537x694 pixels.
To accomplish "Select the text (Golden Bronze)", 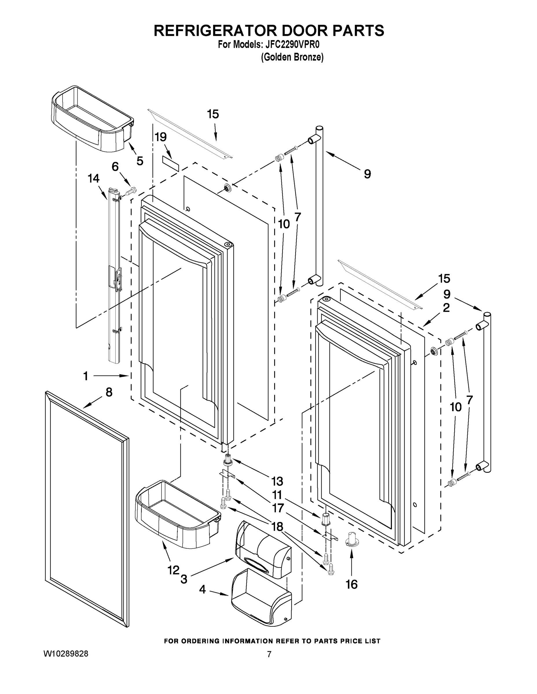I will pos(292,57).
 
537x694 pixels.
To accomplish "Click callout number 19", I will pos(161,137).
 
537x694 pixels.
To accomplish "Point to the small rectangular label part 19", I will pos(171,163).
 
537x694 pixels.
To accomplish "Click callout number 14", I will pos(94,179).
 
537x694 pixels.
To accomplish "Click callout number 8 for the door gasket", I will pos(109,393).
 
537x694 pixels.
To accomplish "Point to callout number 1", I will pos(85,376).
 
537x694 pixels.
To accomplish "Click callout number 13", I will pos(277,481).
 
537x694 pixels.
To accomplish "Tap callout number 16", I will pos(351,584).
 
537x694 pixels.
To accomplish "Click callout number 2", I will pos(446,308).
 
